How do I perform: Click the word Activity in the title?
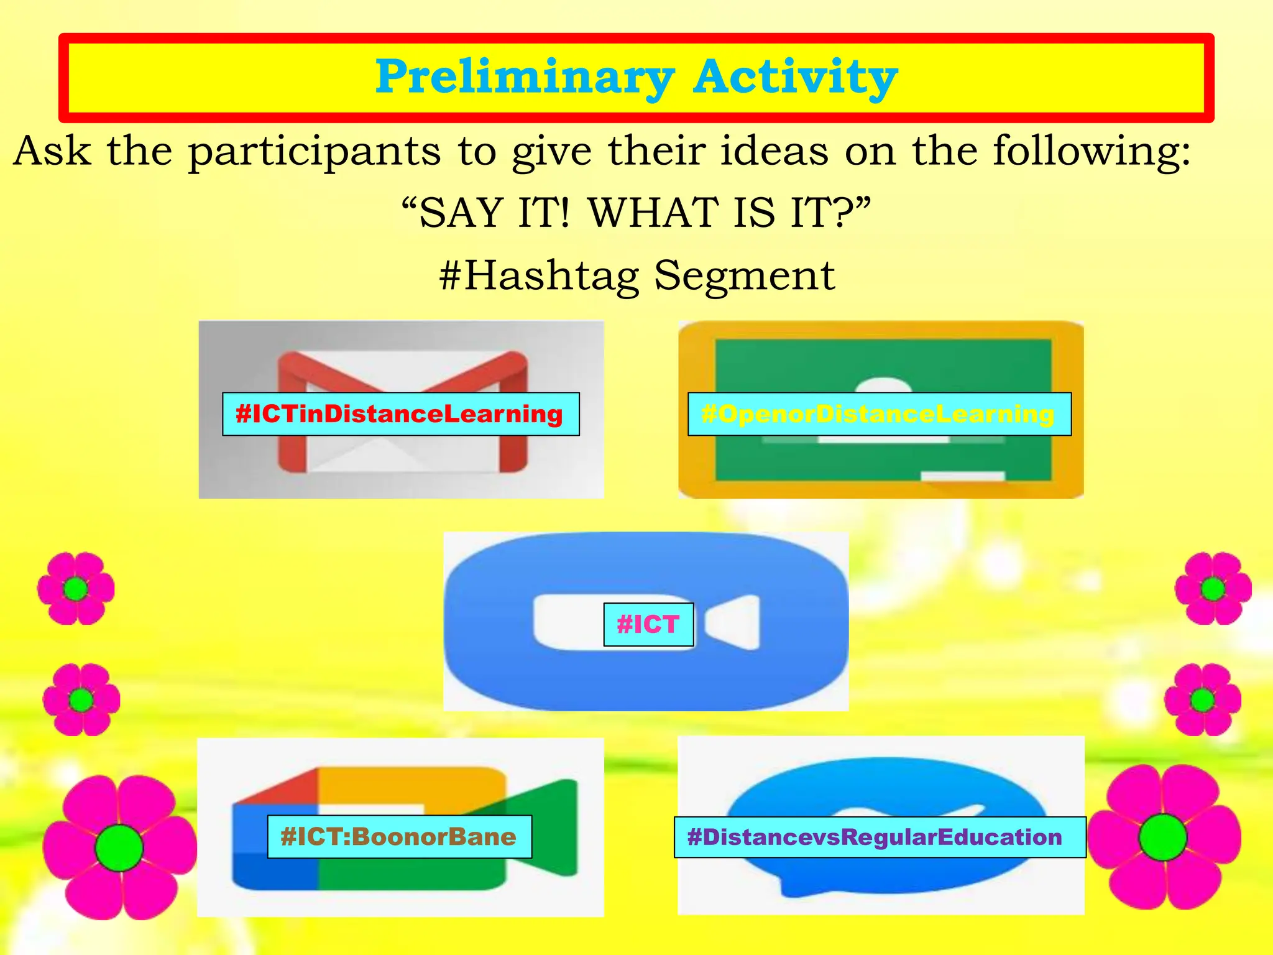pos(795,78)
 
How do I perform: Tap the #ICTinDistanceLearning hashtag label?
pos(400,414)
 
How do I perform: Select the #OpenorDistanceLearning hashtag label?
pos(879,414)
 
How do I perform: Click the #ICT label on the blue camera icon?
pos(648,624)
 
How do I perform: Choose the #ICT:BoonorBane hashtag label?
pos(399,837)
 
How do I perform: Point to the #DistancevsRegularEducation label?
pos(879,837)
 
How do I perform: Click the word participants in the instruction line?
pos(315,152)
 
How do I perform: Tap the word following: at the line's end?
pos(1091,152)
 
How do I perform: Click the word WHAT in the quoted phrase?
pos(653,213)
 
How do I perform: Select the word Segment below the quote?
pos(744,275)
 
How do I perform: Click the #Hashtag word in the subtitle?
pos(539,275)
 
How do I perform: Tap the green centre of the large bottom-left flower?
pos(119,848)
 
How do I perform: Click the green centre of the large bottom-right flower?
pos(1162,837)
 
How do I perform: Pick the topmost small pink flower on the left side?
pos(76,588)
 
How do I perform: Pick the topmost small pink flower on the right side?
pos(1213,588)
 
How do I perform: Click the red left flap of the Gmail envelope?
pos(292,417)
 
